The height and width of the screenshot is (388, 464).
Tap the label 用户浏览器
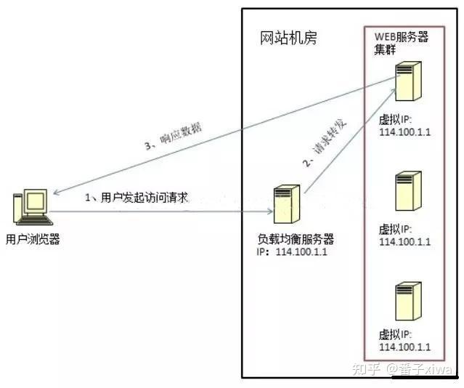click(33, 239)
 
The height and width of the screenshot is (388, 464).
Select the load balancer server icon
click(287, 204)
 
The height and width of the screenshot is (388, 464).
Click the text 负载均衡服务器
click(290, 239)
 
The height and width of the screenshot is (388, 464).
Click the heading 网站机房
click(288, 38)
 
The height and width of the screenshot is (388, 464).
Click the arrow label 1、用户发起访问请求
click(137, 198)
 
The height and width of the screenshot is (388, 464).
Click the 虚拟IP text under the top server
click(395, 118)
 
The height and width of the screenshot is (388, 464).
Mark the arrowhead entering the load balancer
click(269, 211)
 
